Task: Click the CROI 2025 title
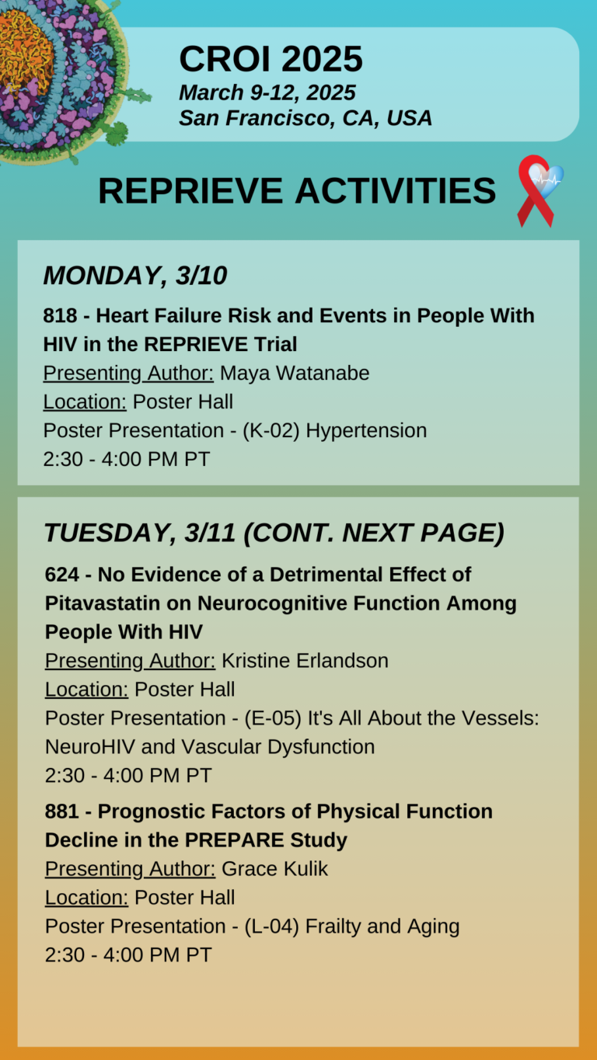(x=271, y=59)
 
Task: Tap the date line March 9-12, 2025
(x=267, y=92)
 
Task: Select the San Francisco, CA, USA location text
(x=305, y=118)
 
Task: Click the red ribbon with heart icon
(x=539, y=190)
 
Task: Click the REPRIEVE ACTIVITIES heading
(x=297, y=191)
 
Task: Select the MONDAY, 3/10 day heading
(x=134, y=276)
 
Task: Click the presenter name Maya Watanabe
(x=295, y=373)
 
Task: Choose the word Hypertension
(x=366, y=430)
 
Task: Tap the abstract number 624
(x=62, y=575)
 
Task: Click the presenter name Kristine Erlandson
(x=305, y=661)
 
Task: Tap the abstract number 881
(x=62, y=812)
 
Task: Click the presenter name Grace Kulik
(x=274, y=869)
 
